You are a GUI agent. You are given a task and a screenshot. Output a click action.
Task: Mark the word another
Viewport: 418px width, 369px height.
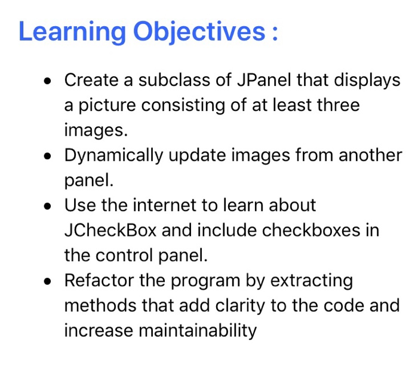pos(370,156)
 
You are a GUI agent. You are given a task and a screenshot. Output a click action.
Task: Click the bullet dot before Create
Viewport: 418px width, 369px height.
pos(49,81)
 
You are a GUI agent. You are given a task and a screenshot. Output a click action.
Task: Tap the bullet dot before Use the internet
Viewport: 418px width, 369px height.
pos(49,206)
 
